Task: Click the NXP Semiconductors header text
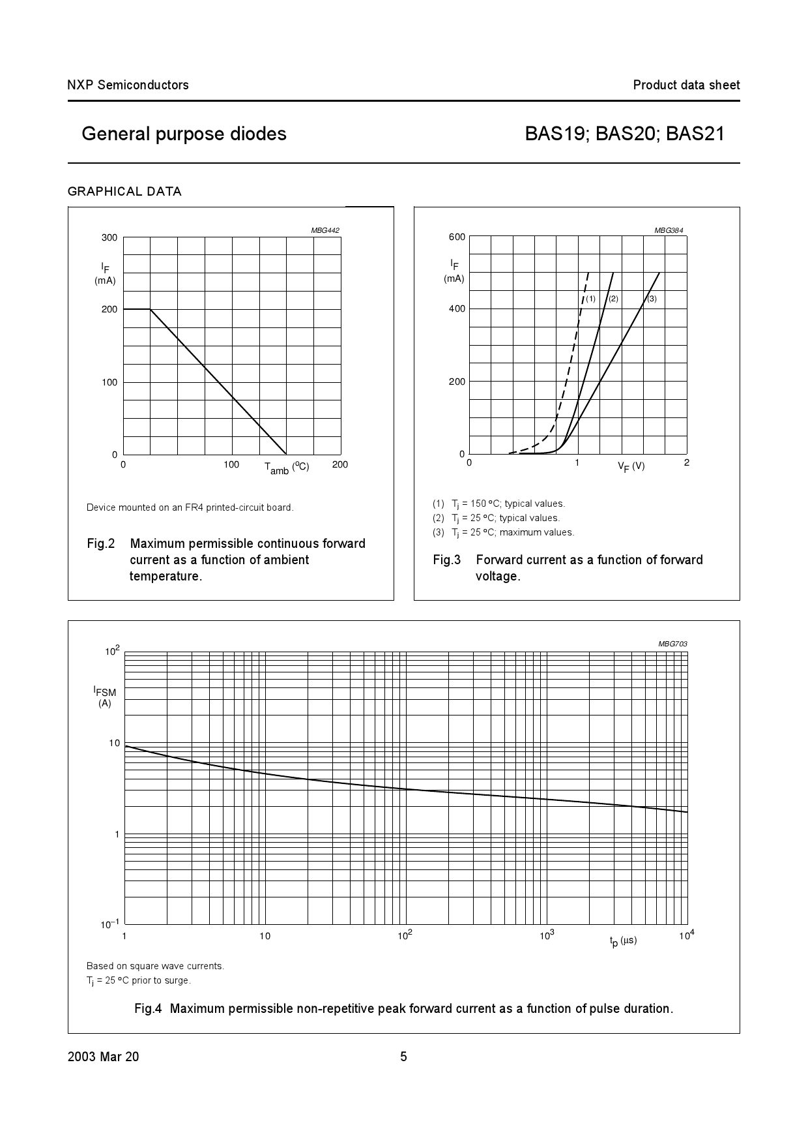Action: tap(128, 85)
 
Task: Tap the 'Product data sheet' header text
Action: tap(686, 85)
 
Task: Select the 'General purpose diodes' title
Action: tap(184, 134)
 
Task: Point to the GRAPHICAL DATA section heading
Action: tap(124, 192)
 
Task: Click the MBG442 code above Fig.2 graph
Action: tap(325, 230)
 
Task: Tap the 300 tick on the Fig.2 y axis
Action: tap(109, 237)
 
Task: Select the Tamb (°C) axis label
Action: tap(287, 467)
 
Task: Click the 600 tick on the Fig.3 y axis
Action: tap(457, 237)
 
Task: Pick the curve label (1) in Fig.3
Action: tap(590, 299)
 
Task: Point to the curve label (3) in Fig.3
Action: tap(652, 299)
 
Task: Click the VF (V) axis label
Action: tap(631, 466)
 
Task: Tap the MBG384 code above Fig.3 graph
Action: tap(669, 230)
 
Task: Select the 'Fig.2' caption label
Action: tap(101, 544)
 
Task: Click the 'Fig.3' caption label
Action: tap(447, 560)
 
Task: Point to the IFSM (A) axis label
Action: tap(104, 696)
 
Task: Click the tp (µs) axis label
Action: tap(623, 941)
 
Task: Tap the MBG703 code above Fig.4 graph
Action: tap(672, 644)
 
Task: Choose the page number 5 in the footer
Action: tap(403, 1057)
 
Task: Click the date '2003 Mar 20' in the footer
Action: tap(103, 1057)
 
